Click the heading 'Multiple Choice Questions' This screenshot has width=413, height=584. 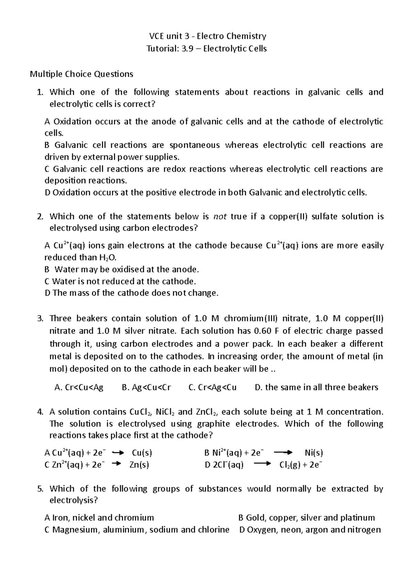pyautogui.click(x=82, y=74)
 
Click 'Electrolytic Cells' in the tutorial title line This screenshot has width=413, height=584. pyautogui.click(x=235, y=48)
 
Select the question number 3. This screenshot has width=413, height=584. pyautogui.click(x=40, y=318)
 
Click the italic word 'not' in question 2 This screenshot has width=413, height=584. pyautogui.click(x=220, y=216)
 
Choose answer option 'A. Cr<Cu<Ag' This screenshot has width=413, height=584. pyautogui.click(x=79, y=388)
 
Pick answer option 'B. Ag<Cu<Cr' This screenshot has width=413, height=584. pyautogui.click(x=146, y=388)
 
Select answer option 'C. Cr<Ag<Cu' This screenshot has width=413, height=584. pyautogui.click(x=213, y=388)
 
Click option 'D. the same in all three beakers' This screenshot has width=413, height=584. pyautogui.click(x=316, y=388)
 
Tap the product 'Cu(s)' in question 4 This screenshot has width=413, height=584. pyautogui.click(x=142, y=453)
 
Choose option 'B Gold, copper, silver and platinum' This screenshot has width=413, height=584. pyautogui.click(x=306, y=518)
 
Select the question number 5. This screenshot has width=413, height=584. pyautogui.click(x=40, y=489)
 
